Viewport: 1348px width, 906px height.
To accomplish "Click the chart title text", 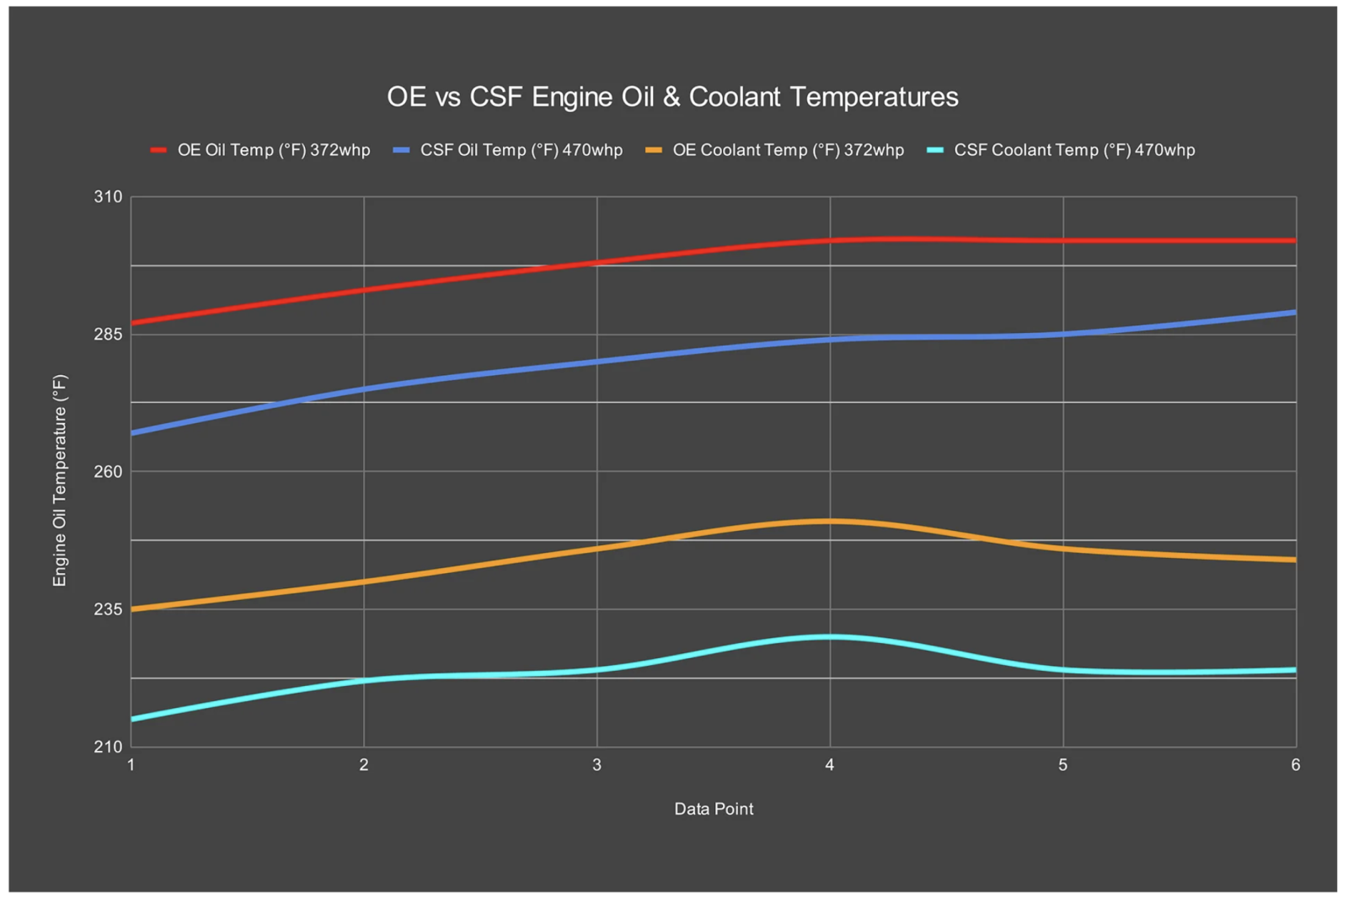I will (x=672, y=97).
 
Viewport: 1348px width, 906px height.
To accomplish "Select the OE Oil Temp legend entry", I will (x=273, y=150).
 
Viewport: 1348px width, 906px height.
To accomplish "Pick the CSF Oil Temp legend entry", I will (x=521, y=150).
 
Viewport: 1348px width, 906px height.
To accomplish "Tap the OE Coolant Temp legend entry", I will (x=788, y=150).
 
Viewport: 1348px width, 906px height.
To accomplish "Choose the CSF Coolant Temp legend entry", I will (x=1074, y=150).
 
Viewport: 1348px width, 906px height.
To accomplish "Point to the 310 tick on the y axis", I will (x=108, y=196).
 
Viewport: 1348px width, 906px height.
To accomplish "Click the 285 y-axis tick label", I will (x=108, y=334).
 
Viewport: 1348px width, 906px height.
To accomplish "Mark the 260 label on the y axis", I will (x=108, y=471).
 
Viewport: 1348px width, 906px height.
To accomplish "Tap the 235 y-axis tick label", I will (x=108, y=608).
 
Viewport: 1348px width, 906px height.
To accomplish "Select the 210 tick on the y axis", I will (x=108, y=746).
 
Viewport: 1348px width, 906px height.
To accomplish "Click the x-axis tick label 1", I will (x=131, y=764).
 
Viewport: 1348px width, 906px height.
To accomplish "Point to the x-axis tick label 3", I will (x=596, y=764).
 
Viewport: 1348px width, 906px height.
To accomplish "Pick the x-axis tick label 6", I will (x=1295, y=764).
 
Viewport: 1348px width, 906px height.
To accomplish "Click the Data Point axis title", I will (x=714, y=809).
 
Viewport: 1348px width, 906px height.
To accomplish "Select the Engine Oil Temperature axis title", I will (x=59, y=480).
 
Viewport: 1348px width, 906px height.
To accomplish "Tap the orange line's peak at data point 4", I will (x=830, y=521).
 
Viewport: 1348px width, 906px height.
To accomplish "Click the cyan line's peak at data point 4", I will (x=830, y=636).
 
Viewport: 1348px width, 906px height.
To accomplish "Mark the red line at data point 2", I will (x=364, y=290).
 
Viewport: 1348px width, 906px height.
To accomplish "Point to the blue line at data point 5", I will (x=1063, y=334).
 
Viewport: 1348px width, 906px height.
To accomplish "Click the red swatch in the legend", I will (x=158, y=150).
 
